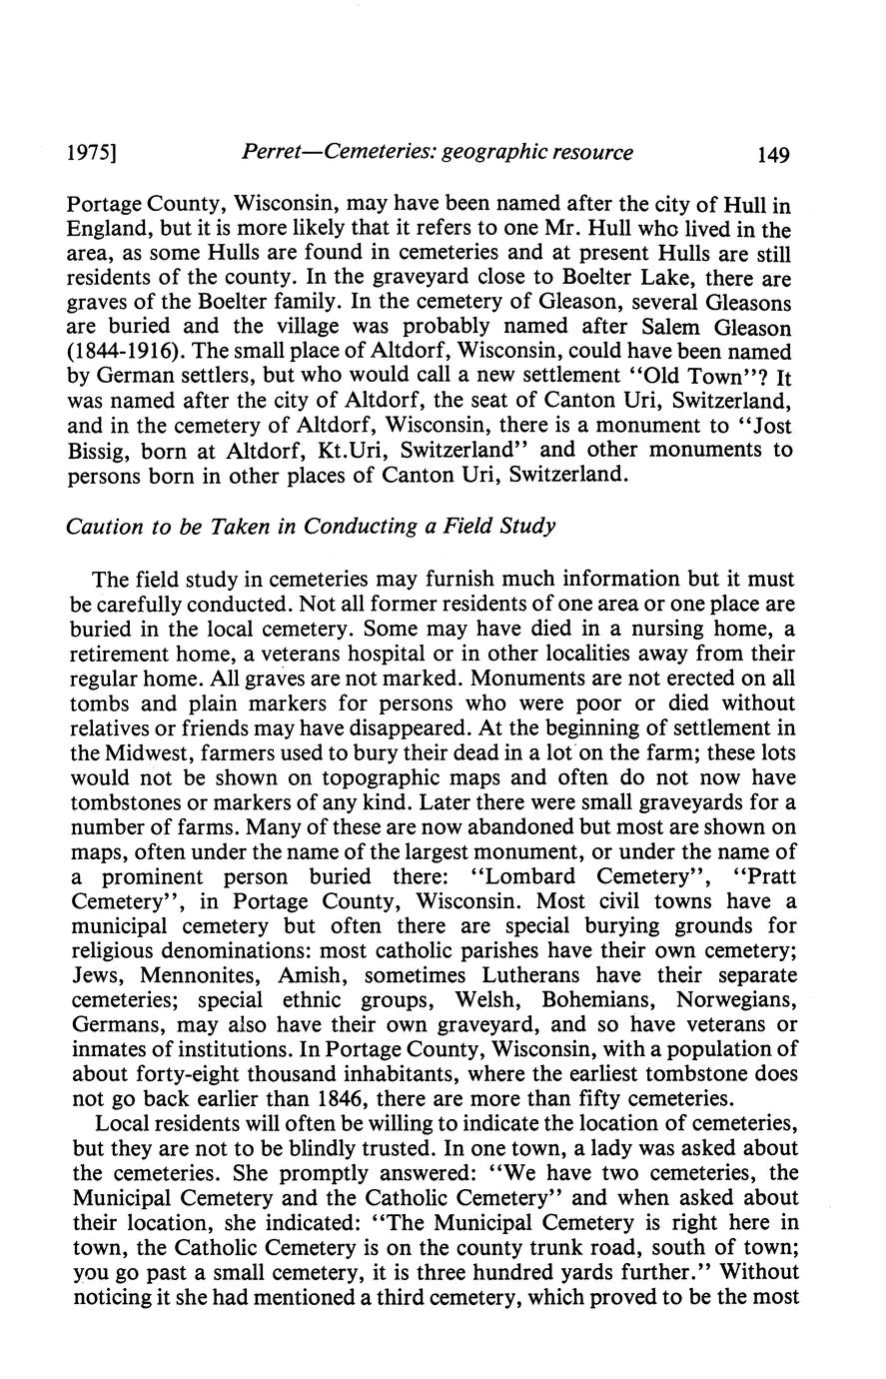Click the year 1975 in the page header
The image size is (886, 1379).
[x=89, y=154]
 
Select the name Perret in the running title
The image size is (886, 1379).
[x=276, y=153]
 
